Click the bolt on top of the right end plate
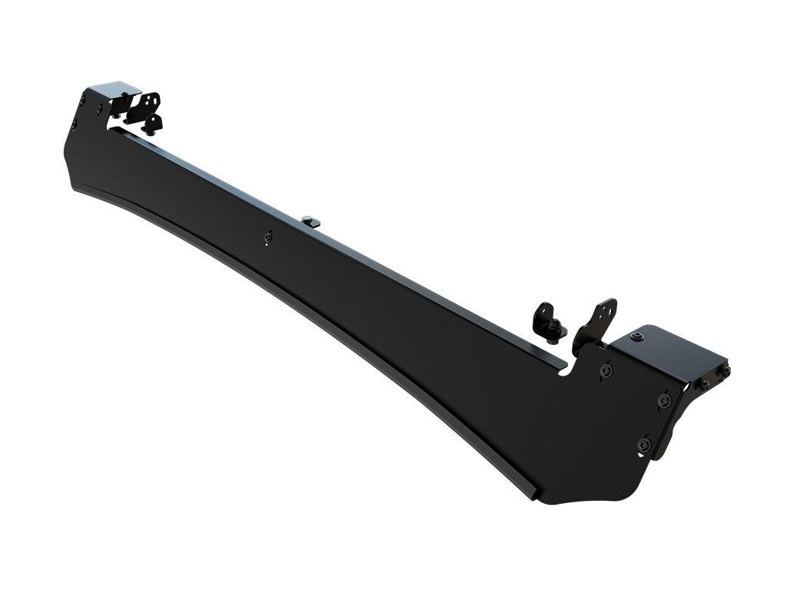point(637,336)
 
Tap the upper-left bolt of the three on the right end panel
point(606,371)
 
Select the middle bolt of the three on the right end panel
point(664,400)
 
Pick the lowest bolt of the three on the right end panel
point(644,443)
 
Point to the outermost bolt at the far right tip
point(724,371)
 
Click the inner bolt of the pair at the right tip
point(702,383)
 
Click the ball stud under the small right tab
point(555,332)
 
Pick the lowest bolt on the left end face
point(74,124)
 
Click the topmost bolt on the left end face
point(82,98)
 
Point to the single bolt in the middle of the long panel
point(267,237)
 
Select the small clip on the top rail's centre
point(310,220)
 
